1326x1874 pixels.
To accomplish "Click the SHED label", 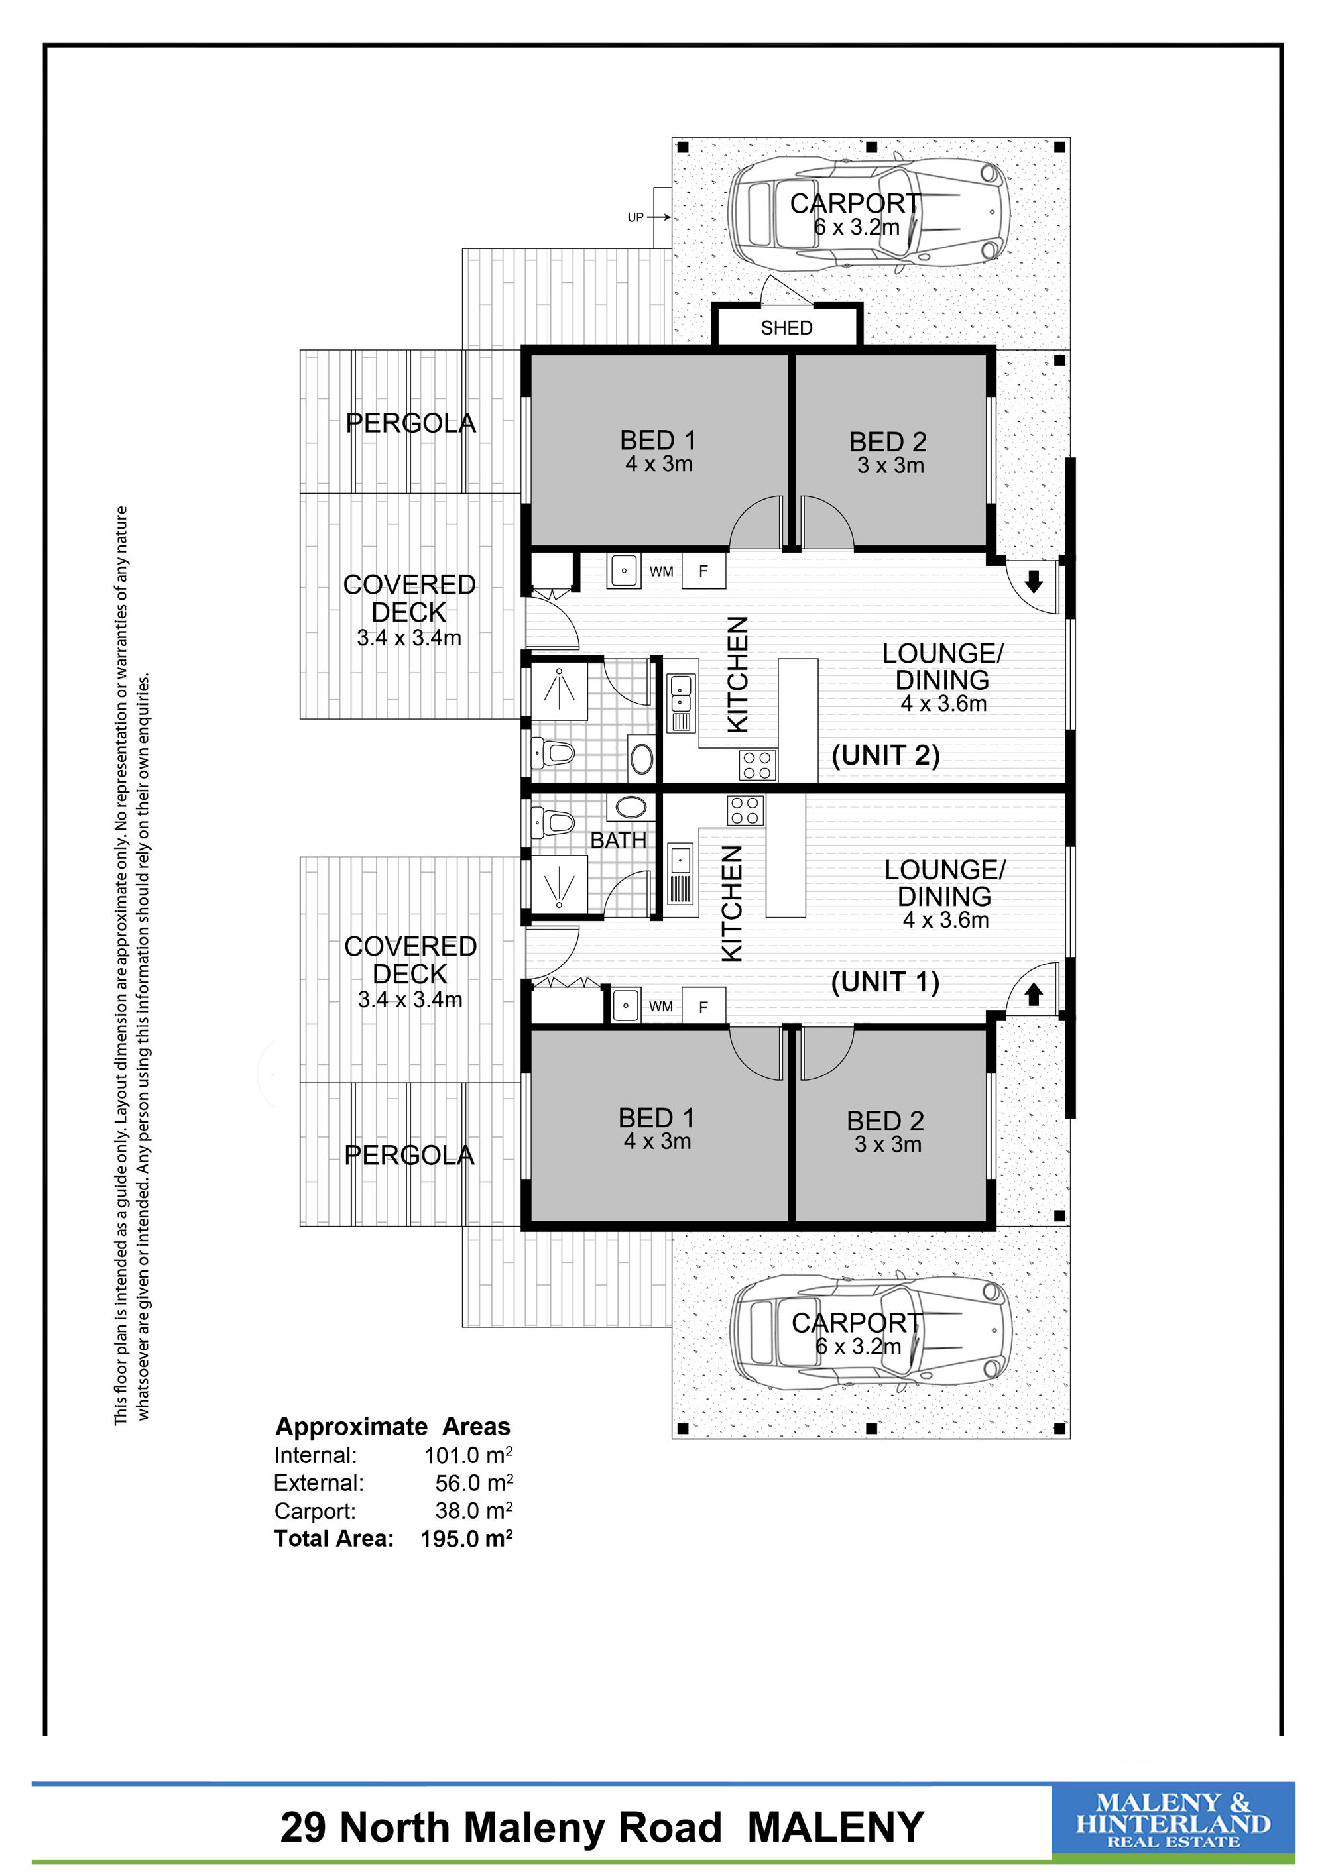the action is coord(786,328).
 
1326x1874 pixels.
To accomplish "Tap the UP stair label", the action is coord(635,217).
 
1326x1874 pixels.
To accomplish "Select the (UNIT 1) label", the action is coord(886,982).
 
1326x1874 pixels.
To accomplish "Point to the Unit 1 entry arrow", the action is coord(1034,994).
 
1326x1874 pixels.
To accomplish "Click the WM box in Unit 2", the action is coord(662,571).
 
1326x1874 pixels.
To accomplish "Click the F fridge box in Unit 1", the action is coord(703,1007).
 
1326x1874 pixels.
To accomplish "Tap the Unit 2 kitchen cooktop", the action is coord(757,765).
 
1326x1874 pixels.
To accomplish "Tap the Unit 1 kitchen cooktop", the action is coord(745,810).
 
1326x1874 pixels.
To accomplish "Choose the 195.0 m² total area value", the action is coord(466,1539).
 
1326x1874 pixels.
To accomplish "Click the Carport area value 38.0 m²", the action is coord(473,1511).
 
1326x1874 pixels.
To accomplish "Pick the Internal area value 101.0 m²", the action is coord(468,1455).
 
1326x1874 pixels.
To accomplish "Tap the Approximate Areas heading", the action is coord(392,1427).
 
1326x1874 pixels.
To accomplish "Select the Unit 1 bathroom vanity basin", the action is coord(631,808).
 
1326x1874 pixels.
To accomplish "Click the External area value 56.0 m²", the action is coord(473,1483).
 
